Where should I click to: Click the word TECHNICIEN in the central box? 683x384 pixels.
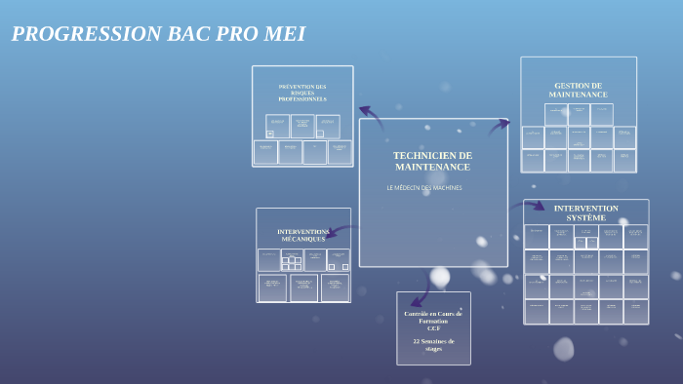tap(432, 155)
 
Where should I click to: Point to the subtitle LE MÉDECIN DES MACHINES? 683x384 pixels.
tap(424, 187)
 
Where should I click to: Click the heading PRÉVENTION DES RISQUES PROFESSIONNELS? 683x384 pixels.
tap(302, 93)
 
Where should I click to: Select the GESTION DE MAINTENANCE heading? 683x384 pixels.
tap(578, 90)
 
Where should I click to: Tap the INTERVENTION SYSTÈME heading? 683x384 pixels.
tap(585, 212)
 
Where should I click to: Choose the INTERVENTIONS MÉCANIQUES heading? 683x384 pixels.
tap(303, 235)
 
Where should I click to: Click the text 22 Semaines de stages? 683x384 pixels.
tap(433, 344)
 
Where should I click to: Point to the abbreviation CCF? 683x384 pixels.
tap(433, 328)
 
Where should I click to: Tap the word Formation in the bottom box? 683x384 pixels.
tap(433, 321)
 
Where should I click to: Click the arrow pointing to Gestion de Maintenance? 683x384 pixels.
tap(500, 125)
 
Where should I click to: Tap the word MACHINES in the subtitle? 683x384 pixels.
tap(446, 187)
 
